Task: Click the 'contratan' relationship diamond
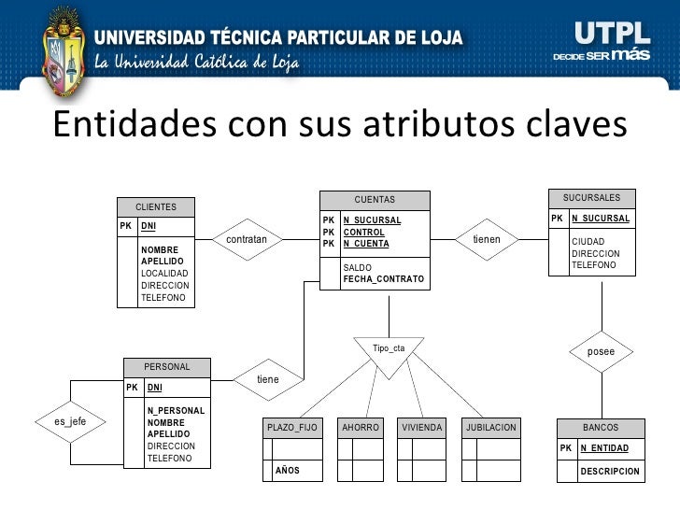pos(247,240)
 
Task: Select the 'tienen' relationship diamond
pos(487,240)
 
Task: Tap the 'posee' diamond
pos(601,352)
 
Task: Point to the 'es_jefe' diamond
pos(70,421)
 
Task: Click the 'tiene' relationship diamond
pos(268,380)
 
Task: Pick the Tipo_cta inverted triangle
pos(389,351)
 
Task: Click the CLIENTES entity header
pos(156,206)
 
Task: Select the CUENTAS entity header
pos(375,200)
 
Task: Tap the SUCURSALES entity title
pos(591,198)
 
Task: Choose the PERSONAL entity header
pos(167,367)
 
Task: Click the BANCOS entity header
pos(601,428)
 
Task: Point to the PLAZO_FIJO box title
pos(292,428)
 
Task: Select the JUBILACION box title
pos(491,428)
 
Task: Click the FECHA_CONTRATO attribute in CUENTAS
pos(383,279)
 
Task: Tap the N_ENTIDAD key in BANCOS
pos(604,448)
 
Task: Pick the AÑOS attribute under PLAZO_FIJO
pos(287,471)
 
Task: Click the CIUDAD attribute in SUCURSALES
pos(588,242)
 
